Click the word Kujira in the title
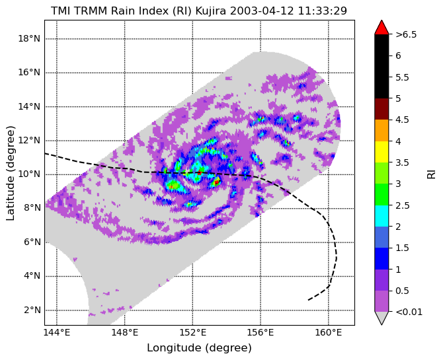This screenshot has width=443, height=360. coord(212,11)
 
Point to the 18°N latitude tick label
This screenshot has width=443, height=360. coord(29,38)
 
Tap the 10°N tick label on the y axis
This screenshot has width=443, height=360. coord(29,174)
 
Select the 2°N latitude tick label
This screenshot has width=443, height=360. coord(32,310)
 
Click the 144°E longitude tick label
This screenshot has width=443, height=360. coord(57,333)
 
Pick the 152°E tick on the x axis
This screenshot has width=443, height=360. coord(192,333)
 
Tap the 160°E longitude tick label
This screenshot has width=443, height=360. coord(329,333)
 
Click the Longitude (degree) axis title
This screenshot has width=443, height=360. coord(199,348)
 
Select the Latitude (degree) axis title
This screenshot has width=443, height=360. coord(10,173)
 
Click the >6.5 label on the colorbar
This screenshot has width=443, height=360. coord(406,34)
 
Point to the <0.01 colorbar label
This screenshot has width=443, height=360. coord(409,312)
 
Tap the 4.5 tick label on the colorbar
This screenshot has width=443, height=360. coord(402,120)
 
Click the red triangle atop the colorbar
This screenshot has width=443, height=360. coord(382,28)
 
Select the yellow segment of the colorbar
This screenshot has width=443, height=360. coord(382,152)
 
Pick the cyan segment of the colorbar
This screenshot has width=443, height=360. coord(382,216)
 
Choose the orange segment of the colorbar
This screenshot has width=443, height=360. coord(382,130)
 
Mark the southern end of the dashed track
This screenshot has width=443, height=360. coord(308,300)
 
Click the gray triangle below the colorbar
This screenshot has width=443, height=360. coord(382,318)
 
